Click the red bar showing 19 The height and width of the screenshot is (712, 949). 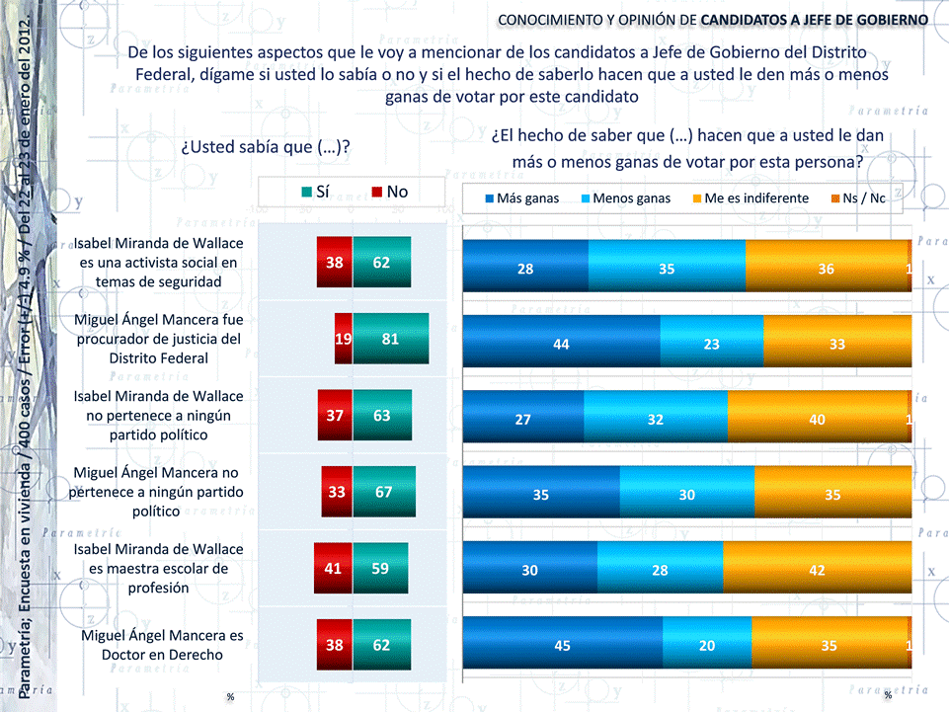(343, 338)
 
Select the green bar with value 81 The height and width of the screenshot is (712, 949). (390, 338)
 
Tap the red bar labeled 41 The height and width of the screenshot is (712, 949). (333, 569)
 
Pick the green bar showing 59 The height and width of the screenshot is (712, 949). (380, 569)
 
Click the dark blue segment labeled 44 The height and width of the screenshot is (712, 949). (561, 345)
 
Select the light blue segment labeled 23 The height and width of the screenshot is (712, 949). (711, 345)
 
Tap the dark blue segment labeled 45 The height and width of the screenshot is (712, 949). (563, 646)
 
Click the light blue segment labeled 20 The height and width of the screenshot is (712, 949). (706, 646)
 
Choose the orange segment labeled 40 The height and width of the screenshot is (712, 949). (818, 420)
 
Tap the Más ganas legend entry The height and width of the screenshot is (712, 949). (520, 198)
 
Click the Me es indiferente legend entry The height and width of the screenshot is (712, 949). (749, 198)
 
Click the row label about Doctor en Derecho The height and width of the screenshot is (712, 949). (162, 645)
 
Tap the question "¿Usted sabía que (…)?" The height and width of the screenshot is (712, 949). (267, 147)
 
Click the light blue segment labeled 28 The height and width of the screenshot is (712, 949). (686, 570)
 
